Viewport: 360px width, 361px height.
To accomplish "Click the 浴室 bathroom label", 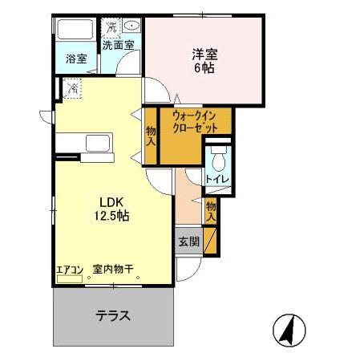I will coord(75,58).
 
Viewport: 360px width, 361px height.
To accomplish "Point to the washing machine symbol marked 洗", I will coord(112,26).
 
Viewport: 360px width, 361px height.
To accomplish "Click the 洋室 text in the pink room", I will coord(204,55).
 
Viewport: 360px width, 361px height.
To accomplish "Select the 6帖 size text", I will coord(204,70).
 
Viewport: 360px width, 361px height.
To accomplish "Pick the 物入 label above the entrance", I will coord(210,210).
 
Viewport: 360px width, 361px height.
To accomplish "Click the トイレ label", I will coord(217,178).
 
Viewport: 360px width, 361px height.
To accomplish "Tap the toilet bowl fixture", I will coord(217,156).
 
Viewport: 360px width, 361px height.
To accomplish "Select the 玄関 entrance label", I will coord(189,241).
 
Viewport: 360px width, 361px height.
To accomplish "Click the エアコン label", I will coord(70,270).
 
